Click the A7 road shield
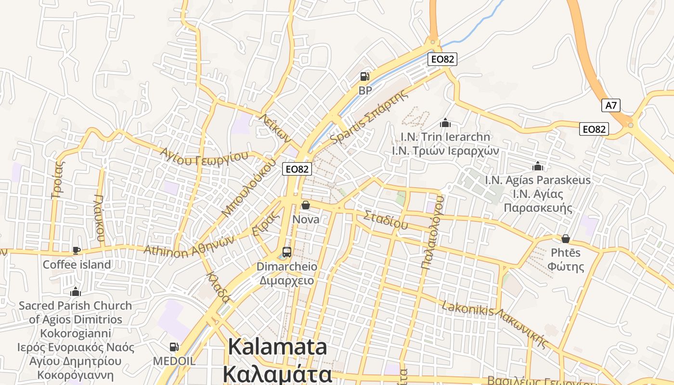(611, 105)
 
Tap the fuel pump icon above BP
(365, 77)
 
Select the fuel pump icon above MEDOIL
(174, 346)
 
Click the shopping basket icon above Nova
(305, 205)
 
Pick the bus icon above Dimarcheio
(286, 252)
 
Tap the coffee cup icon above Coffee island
(76, 250)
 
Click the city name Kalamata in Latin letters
(277, 347)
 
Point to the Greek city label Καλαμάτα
(277, 373)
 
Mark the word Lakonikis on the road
(467, 309)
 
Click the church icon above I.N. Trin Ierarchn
(445, 123)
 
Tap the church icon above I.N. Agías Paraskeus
(537, 167)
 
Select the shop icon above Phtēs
(566, 239)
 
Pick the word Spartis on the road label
(345, 132)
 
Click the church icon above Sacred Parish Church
(75, 292)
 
